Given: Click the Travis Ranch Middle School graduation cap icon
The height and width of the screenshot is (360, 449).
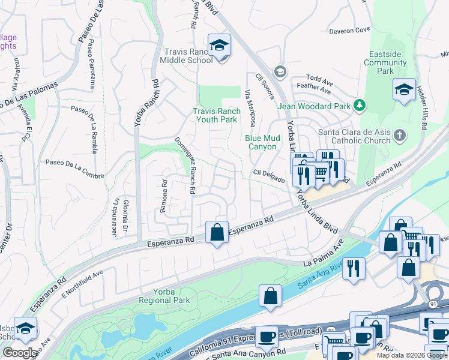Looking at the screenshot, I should [x=219, y=45].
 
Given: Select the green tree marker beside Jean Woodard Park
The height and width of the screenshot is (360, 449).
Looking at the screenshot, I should [x=359, y=106].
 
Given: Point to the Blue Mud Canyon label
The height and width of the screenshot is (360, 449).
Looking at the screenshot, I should [x=262, y=142].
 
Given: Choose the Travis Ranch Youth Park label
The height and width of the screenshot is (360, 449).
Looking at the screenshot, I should [x=215, y=115].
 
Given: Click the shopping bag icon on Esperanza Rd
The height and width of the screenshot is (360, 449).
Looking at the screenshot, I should [x=217, y=232].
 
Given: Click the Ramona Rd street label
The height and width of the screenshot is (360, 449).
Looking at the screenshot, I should [x=163, y=192].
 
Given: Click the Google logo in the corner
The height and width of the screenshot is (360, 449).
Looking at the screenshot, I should [x=20, y=353].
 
